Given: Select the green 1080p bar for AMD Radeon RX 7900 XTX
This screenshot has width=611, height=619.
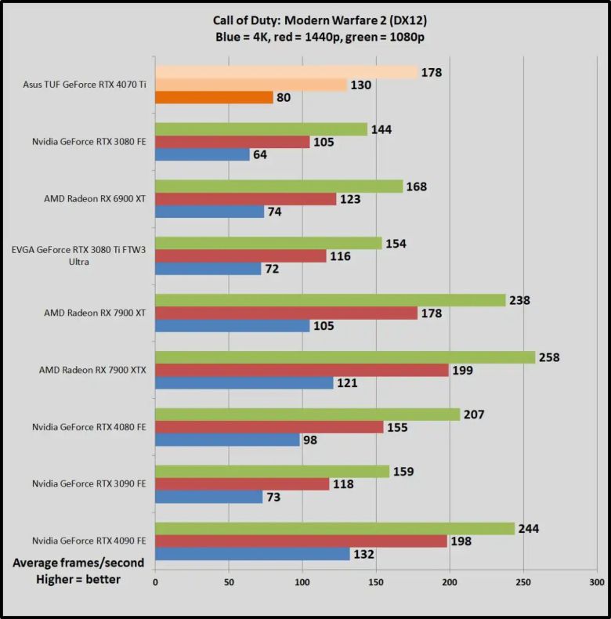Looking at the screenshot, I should pos(345,357).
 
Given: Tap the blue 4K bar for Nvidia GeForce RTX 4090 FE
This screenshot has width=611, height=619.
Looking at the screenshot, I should pos(252,554).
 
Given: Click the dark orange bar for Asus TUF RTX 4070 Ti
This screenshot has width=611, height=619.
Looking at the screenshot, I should pos(214,98).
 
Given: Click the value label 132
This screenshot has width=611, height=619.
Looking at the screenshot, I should pos(364,554).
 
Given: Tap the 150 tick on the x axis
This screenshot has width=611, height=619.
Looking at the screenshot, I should pos(376,582).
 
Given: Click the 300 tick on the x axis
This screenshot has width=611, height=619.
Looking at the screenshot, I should pos(596,582).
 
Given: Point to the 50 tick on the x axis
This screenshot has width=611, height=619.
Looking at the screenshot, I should pos(229,582).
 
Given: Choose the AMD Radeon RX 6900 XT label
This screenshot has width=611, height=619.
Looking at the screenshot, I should pos(96,198).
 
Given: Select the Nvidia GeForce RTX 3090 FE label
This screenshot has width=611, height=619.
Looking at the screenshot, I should pos(89,483).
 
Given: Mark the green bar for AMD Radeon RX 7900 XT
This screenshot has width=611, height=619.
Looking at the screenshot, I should pos(330,300).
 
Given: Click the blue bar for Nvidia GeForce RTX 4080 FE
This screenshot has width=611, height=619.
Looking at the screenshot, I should pos(227,440).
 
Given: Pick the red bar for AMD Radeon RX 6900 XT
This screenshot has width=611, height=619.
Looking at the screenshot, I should pos(245,199).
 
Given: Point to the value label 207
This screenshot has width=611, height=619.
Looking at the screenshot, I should pos(474,414).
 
